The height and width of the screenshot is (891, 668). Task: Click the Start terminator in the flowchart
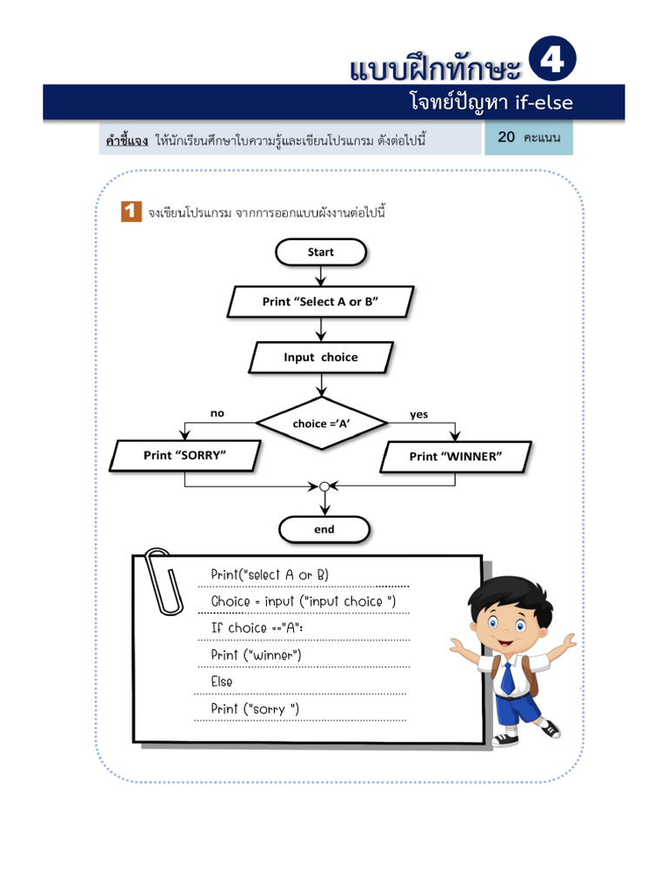(321, 252)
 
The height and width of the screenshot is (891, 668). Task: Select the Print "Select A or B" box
(321, 302)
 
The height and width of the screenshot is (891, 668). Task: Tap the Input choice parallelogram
(321, 357)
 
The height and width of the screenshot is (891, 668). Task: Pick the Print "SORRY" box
(185, 455)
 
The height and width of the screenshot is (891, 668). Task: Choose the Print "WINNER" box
(456, 456)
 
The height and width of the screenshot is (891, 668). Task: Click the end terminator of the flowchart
(324, 529)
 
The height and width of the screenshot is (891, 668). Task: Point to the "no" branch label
(217, 413)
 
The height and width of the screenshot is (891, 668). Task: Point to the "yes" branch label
(419, 414)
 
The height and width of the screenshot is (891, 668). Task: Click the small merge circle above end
(324, 486)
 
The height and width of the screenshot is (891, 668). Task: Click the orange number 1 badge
(130, 211)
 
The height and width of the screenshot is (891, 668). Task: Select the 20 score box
(529, 137)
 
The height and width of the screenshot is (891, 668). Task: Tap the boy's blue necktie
(507, 676)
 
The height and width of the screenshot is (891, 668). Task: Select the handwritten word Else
(222, 681)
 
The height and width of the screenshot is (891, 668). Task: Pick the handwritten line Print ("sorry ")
(255, 708)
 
